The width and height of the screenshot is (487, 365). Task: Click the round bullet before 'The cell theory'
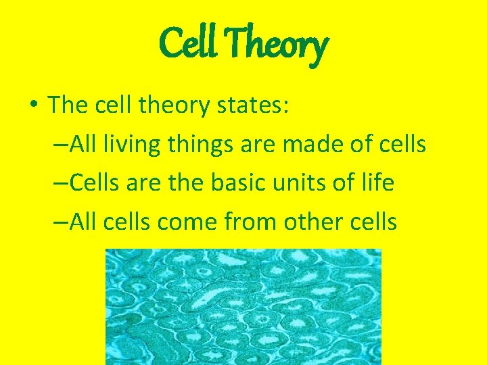pos(34,105)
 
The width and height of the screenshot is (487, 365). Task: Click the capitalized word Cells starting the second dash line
pos(93,182)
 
